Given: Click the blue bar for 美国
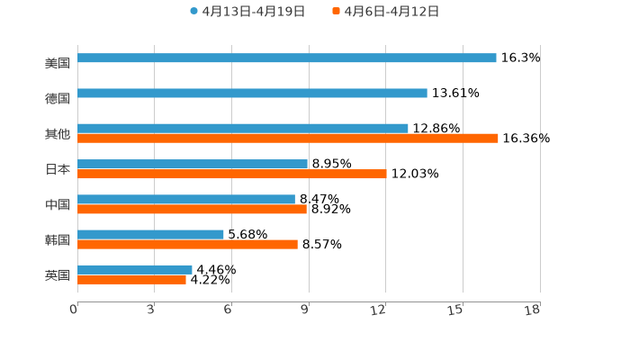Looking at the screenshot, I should [286, 58].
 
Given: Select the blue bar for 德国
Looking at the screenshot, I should [252, 93].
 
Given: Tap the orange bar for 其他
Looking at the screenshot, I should [288, 138].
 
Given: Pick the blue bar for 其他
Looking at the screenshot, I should [243, 128].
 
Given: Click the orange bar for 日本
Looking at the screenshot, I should [232, 174].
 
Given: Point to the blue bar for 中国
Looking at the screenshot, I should [186, 199].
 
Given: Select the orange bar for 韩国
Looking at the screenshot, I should [187, 244].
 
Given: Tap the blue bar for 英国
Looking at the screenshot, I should [135, 269].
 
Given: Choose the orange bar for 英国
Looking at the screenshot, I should [131, 279].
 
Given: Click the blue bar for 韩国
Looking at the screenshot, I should [150, 234].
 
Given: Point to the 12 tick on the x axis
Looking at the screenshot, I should [379, 310].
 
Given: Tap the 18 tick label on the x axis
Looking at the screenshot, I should [533, 310].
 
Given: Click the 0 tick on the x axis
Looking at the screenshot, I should [74, 310].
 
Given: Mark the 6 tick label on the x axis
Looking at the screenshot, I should [228, 310].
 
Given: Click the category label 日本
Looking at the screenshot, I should [58, 169].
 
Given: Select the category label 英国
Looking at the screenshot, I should [58, 274].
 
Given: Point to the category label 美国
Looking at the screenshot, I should [58, 63].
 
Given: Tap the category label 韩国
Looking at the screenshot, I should [58, 239].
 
